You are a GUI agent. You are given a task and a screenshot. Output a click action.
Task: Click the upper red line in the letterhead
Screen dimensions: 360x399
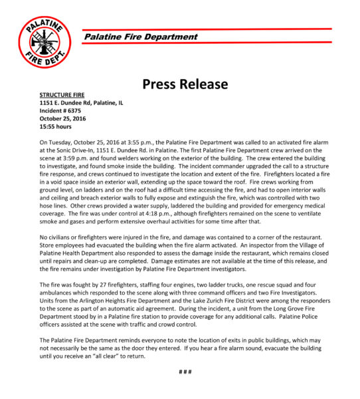click(206, 29)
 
